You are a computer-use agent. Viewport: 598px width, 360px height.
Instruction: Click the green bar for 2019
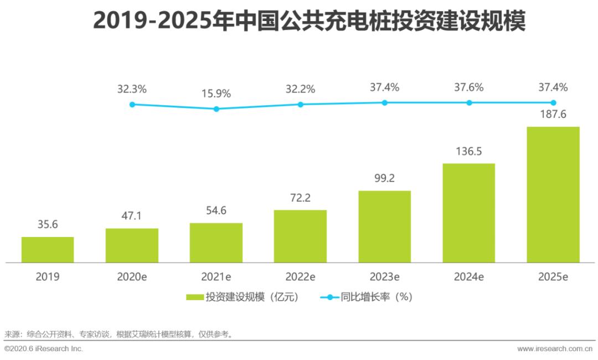point(48,249)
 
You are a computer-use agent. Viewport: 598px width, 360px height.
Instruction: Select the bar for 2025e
point(553,194)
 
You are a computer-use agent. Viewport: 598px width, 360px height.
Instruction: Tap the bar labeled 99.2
point(384,227)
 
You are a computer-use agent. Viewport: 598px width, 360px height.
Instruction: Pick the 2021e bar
point(216,243)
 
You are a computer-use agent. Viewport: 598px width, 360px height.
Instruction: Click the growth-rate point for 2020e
point(132,104)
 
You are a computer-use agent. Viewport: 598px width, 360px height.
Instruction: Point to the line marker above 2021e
point(216,109)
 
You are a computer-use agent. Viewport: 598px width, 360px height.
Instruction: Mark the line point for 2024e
point(469,102)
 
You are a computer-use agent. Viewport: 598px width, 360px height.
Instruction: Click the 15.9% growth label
point(216,93)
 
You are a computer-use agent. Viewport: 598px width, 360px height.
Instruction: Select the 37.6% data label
point(469,87)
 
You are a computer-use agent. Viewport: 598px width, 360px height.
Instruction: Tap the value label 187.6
point(553,115)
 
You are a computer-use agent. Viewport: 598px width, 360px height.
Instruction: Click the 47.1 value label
point(132,216)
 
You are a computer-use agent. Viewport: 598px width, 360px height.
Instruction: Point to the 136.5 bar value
point(469,151)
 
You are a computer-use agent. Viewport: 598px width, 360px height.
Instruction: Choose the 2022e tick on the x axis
point(300,277)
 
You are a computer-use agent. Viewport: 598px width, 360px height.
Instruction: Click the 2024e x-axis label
point(469,277)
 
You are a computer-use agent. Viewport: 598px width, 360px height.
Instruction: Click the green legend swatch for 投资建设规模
point(194,297)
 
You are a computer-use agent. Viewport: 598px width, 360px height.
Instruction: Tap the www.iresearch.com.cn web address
point(554,349)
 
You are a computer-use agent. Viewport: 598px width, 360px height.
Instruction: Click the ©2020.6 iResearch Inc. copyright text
point(44,349)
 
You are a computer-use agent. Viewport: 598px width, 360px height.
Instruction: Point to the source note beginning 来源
point(119,334)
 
